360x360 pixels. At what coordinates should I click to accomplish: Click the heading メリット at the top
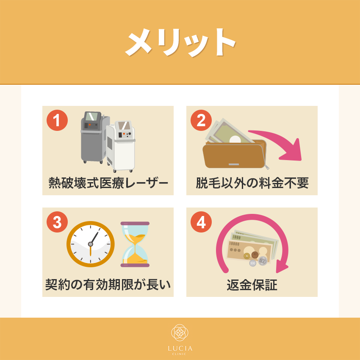tap(180, 42)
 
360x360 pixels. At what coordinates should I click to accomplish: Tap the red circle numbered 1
tap(57, 120)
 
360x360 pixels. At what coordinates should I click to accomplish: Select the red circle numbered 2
tap(201, 120)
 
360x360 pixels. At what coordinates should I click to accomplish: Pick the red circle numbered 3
tap(57, 222)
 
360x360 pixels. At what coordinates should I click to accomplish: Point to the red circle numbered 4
tap(201, 222)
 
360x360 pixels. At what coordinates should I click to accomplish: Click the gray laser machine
tap(94, 137)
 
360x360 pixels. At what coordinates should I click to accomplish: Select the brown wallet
tap(235, 154)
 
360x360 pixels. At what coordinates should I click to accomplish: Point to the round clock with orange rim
tap(91, 244)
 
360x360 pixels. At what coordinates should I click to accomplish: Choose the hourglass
tap(135, 244)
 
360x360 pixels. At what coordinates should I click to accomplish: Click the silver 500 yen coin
tap(263, 261)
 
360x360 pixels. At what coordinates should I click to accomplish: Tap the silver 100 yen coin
tap(252, 263)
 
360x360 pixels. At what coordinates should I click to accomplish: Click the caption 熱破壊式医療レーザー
tap(108, 183)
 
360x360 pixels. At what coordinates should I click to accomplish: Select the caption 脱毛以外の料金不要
tap(252, 183)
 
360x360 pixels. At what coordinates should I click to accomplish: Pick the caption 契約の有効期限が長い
tap(108, 285)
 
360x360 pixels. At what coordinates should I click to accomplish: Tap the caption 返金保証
tap(252, 285)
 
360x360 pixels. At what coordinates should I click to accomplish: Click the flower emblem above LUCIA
tap(180, 332)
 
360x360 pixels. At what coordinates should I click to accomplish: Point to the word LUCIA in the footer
tap(180, 349)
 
